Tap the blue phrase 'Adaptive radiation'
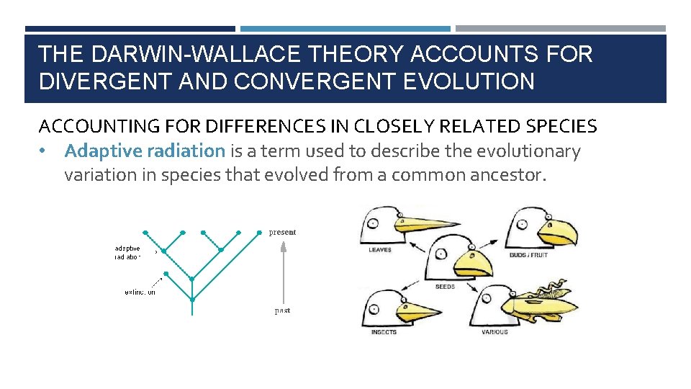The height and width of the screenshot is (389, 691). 145,151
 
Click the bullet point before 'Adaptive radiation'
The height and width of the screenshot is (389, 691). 44,151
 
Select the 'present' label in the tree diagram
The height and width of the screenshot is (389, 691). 282,232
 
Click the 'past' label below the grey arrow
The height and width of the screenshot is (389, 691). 282,310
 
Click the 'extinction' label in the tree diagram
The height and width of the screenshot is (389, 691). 140,292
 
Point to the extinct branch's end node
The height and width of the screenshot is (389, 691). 166,274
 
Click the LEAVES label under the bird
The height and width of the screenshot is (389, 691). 379,250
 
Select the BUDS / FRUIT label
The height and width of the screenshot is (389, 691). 529,255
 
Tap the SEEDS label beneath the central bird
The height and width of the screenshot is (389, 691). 445,287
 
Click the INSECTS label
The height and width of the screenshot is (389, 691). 383,332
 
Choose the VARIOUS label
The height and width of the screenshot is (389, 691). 494,332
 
